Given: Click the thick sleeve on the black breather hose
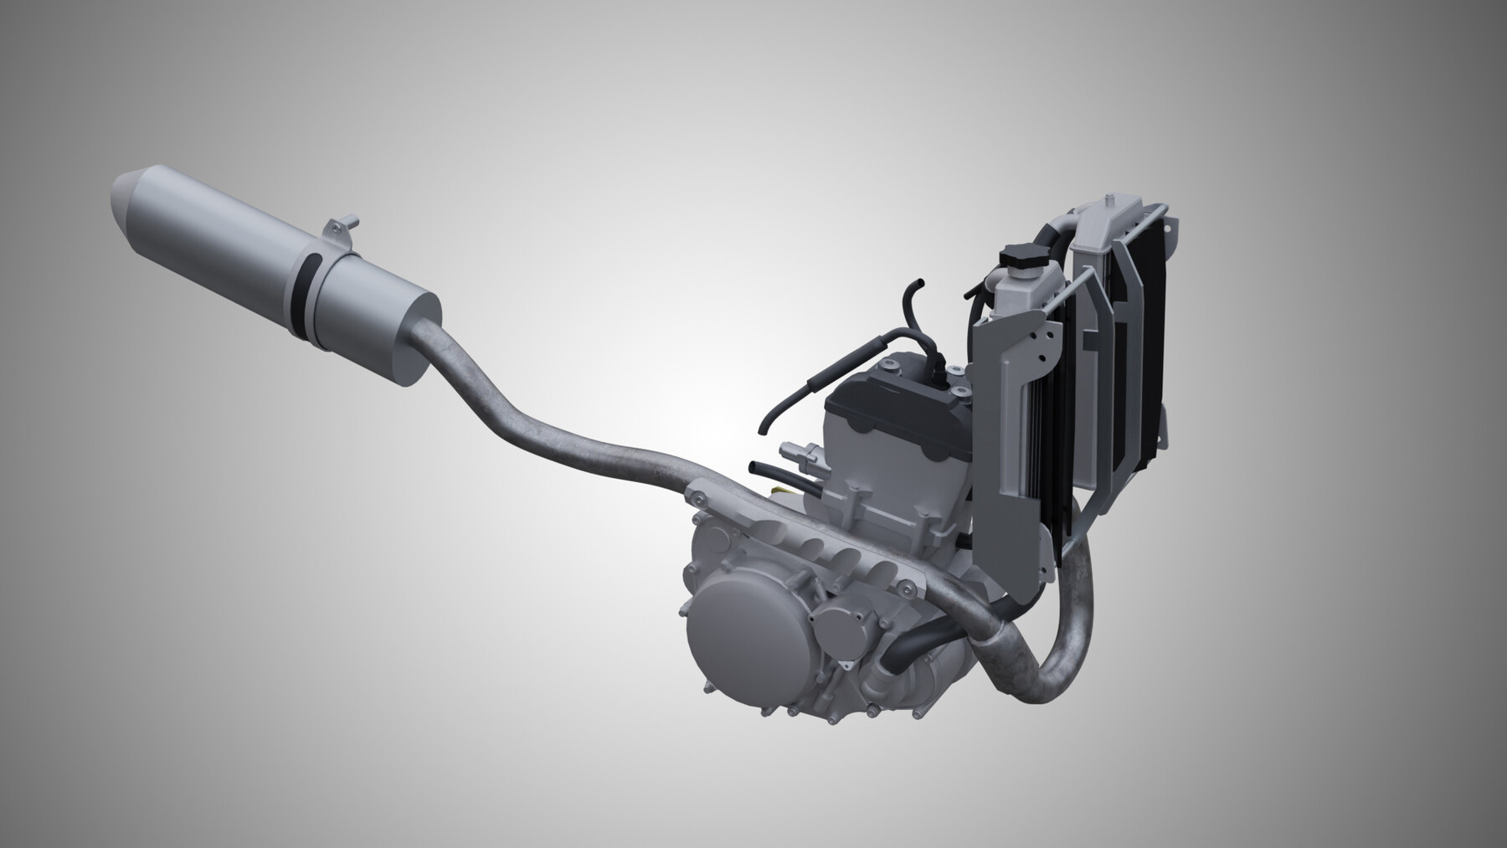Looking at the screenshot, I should [x=817, y=387].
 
